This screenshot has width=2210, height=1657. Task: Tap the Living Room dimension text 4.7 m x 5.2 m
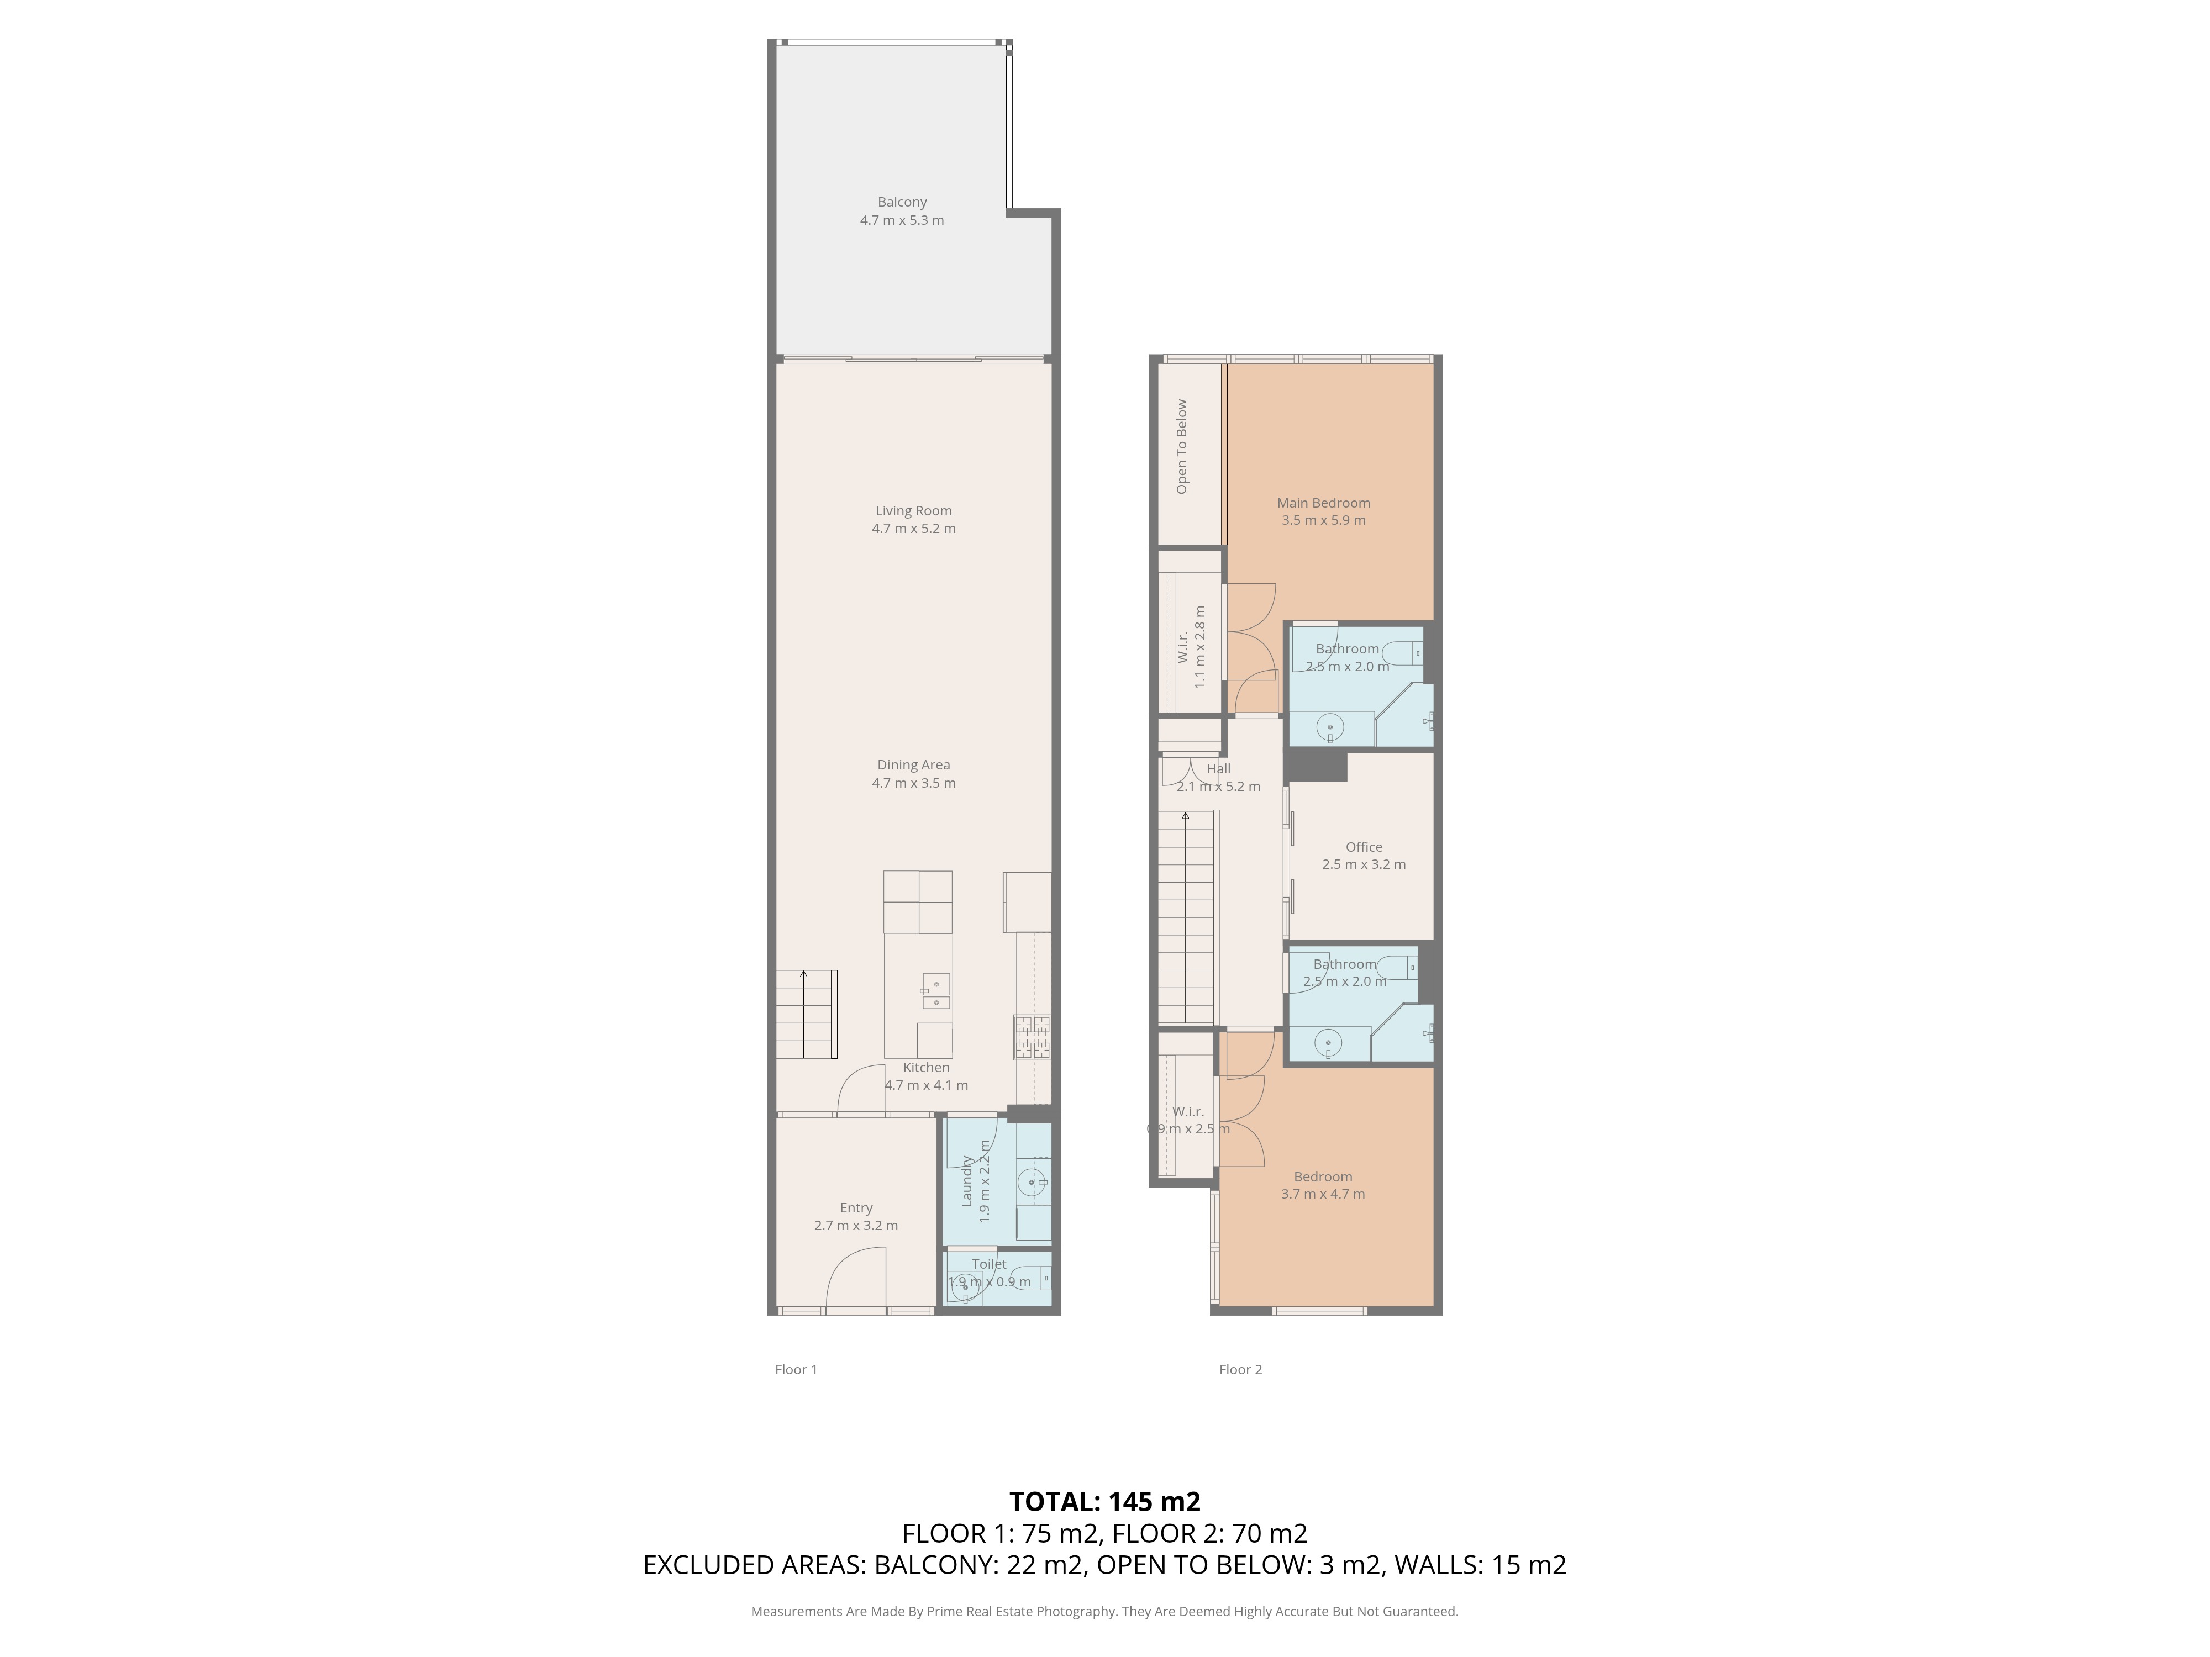[x=913, y=529]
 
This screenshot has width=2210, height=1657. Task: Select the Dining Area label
[x=913, y=765]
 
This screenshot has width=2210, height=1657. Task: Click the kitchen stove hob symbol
[x=1032, y=1037]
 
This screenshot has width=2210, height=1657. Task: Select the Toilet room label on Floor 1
[x=989, y=1264]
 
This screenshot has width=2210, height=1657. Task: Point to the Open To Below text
[x=1182, y=446]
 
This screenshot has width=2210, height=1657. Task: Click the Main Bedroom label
[x=1323, y=503]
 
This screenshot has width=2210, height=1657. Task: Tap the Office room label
[x=1363, y=847]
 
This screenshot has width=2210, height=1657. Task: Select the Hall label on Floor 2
[x=1218, y=769]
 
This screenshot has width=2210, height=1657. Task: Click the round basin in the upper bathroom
[x=1330, y=728]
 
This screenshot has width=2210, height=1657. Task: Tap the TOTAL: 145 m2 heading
[x=1104, y=1501]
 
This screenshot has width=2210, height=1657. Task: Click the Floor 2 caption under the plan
[x=1240, y=1369]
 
